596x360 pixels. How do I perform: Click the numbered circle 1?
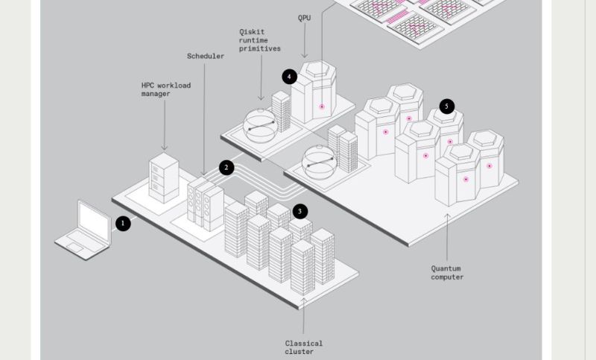[x=123, y=223]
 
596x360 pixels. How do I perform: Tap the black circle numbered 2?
[x=227, y=168]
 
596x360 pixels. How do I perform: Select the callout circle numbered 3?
[x=299, y=212]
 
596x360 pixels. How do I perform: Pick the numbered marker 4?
[x=290, y=76]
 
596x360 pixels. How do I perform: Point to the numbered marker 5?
[x=447, y=107]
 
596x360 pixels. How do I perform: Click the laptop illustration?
[x=83, y=229]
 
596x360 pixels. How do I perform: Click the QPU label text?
[x=305, y=17]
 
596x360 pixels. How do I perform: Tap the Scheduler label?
[x=206, y=57]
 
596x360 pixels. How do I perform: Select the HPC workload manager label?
[x=166, y=89]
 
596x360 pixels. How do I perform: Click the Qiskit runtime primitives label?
[x=260, y=40]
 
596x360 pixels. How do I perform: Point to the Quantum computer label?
[x=447, y=273]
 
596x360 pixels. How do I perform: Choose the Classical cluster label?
[x=304, y=347]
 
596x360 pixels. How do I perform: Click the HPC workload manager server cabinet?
[x=164, y=177]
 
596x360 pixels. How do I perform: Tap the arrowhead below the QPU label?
[x=305, y=55]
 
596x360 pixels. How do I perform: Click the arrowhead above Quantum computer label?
[x=447, y=216]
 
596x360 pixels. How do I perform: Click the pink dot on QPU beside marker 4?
[x=322, y=107]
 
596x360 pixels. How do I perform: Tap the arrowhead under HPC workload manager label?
[x=165, y=148]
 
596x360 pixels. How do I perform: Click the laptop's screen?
[x=94, y=220]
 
